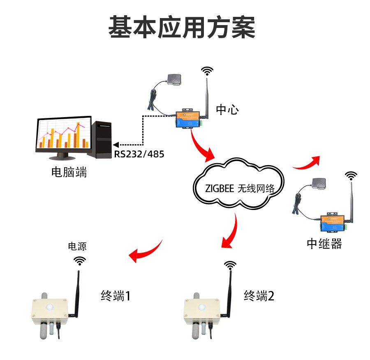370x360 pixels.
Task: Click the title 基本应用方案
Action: coord(182,28)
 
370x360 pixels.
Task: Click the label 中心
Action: coord(227,109)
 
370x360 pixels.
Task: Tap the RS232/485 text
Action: coord(139,155)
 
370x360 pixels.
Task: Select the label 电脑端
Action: coord(69,172)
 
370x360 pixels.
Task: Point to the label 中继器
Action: coord(324,244)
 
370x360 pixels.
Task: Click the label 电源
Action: coord(77,247)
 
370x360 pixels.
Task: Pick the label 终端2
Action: coord(259,295)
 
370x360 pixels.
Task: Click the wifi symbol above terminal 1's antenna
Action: coord(80,261)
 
